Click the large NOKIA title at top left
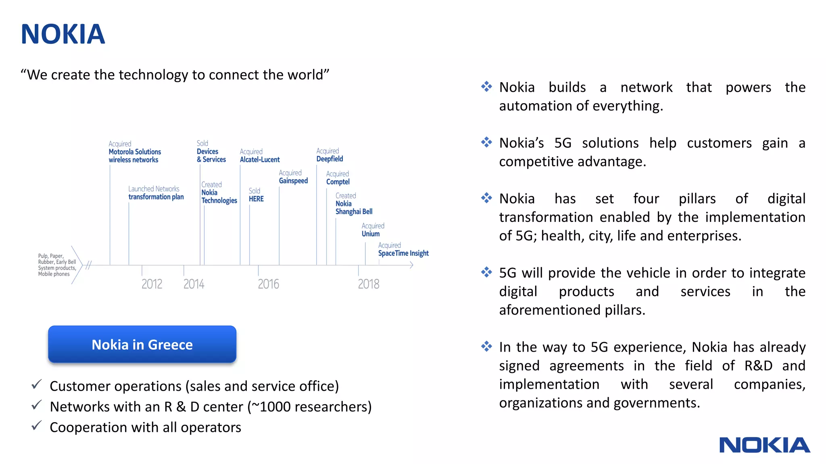click(63, 34)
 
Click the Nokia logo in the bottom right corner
click(764, 445)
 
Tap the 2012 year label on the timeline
click(152, 284)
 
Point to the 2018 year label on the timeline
click(369, 284)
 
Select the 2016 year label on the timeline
click(268, 284)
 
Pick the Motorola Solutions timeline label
click(135, 152)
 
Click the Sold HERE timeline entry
click(256, 195)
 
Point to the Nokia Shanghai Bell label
click(353, 207)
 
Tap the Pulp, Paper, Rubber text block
click(57, 265)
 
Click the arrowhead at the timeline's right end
click(411, 265)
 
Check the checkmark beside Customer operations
click(37, 385)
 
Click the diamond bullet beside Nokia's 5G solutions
click(486, 142)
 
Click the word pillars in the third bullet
click(697, 199)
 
